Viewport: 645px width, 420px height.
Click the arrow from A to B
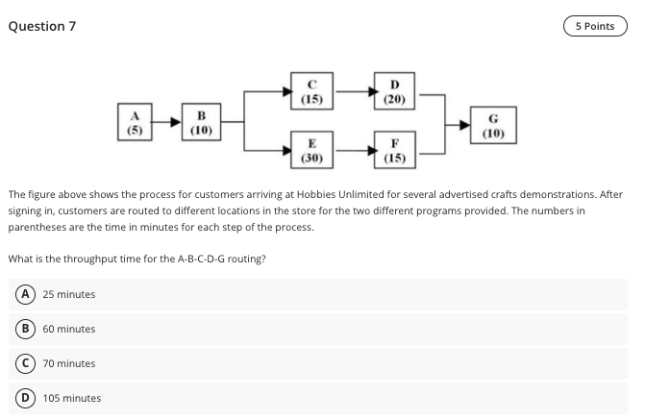166,122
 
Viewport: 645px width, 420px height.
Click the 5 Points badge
595,26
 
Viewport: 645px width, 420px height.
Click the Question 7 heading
41,26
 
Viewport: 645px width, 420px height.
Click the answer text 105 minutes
72,398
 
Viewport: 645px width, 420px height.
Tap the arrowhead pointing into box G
465,122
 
